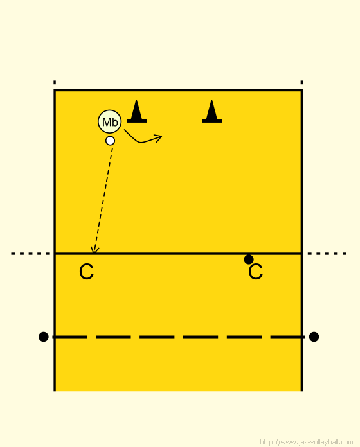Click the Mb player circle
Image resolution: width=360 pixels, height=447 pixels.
point(109,122)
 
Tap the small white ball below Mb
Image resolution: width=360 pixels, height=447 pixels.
point(110,141)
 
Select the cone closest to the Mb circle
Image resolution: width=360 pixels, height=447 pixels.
point(137,112)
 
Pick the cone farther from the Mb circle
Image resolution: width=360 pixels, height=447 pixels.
point(212,112)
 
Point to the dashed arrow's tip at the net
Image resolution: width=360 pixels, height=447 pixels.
point(94,253)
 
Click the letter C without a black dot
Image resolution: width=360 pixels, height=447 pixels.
point(86,272)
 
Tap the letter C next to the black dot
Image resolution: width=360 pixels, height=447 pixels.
point(255,272)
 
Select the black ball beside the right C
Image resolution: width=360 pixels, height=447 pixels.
point(249,259)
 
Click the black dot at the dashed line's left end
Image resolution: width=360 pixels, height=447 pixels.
point(44,337)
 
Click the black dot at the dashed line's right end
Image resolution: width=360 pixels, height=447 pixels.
point(314,337)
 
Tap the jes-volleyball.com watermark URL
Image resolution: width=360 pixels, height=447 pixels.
point(307,442)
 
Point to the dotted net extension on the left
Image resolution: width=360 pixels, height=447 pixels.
point(31,254)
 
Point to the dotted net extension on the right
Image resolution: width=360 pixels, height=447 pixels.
point(327,254)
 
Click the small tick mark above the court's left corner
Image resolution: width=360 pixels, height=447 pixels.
point(55,82)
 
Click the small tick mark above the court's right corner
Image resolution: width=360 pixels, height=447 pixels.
point(301,82)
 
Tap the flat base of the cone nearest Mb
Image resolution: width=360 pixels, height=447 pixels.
point(137,121)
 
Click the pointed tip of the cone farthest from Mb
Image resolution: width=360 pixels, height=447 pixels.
point(212,100)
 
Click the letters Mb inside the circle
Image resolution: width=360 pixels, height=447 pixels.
point(110,122)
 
